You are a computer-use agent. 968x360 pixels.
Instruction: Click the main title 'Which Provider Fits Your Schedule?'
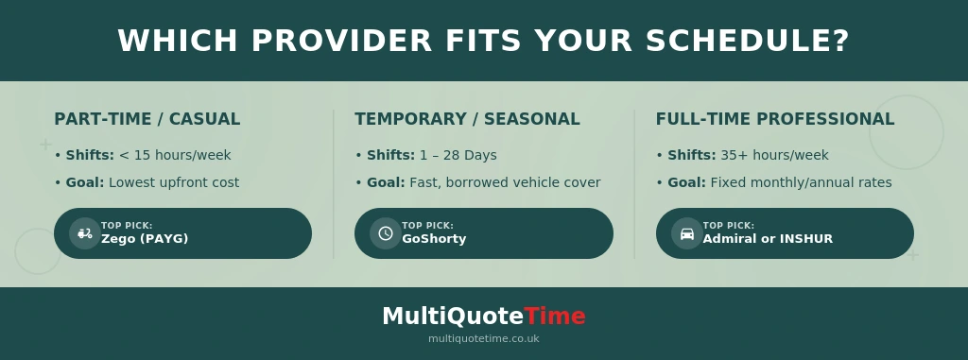click(x=483, y=42)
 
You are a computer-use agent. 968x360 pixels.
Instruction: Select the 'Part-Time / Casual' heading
click(x=147, y=119)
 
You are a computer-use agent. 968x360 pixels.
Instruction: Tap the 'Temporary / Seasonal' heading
click(x=467, y=119)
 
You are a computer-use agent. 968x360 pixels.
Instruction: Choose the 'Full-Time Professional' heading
click(x=774, y=119)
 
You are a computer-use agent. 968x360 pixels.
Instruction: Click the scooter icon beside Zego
click(x=85, y=233)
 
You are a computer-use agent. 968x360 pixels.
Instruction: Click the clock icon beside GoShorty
click(x=386, y=233)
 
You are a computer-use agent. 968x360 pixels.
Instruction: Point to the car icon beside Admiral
click(x=687, y=233)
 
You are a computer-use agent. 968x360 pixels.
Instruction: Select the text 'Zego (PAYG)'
click(x=145, y=239)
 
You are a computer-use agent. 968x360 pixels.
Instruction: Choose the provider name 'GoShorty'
click(x=434, y=239)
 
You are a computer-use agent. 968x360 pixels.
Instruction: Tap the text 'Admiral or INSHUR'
click(x=768, y=239)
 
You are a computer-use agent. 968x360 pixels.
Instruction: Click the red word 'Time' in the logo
click(x=555, y=317)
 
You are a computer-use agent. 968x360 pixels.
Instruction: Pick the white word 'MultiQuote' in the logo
click(x=453, y=317)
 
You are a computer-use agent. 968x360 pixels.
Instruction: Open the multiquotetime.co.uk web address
click(x=483, y=338)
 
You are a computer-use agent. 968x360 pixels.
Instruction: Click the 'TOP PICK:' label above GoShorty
click(x=427, y=226)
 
